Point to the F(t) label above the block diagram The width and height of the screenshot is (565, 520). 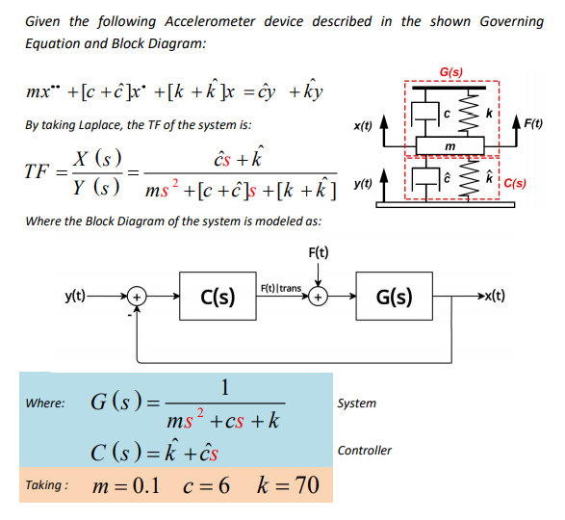click(x=319, y=253)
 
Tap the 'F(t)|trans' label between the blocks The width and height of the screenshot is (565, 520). click(x=280, y=288)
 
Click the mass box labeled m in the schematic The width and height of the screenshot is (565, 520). click(x=449, y=145)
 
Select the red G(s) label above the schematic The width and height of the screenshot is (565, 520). click(x=449, y=71)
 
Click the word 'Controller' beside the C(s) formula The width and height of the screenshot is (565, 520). click(x=365, y=450)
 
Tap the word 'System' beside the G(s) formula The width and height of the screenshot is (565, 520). click(x=357, y=403)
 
